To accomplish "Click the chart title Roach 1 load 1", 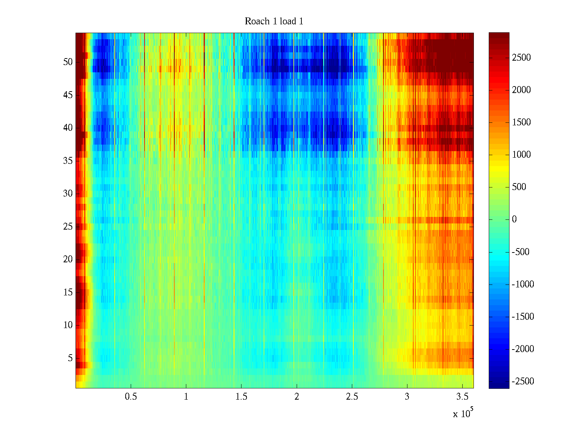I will point(274,21).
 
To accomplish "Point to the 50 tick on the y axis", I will point(68,62).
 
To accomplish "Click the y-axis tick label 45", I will point(68,95).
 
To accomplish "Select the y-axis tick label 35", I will point(68,161).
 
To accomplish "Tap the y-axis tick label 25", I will point(68,227).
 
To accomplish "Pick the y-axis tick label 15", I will point(68,292).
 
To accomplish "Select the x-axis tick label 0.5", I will point(131,397).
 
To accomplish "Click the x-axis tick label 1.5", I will point(241,397).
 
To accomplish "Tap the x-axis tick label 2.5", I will point(352,397).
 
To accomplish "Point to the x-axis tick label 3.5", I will point(462,397).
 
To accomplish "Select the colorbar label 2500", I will point(521,58).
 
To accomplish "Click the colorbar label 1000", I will point(521,155).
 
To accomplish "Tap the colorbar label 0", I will point(514,219).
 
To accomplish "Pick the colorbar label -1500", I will point(523,316).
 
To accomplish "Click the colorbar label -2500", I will point(523,381).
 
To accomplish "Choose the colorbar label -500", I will point(521,252).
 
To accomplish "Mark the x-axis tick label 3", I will point(407,397).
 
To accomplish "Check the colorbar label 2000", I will point(521,90).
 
